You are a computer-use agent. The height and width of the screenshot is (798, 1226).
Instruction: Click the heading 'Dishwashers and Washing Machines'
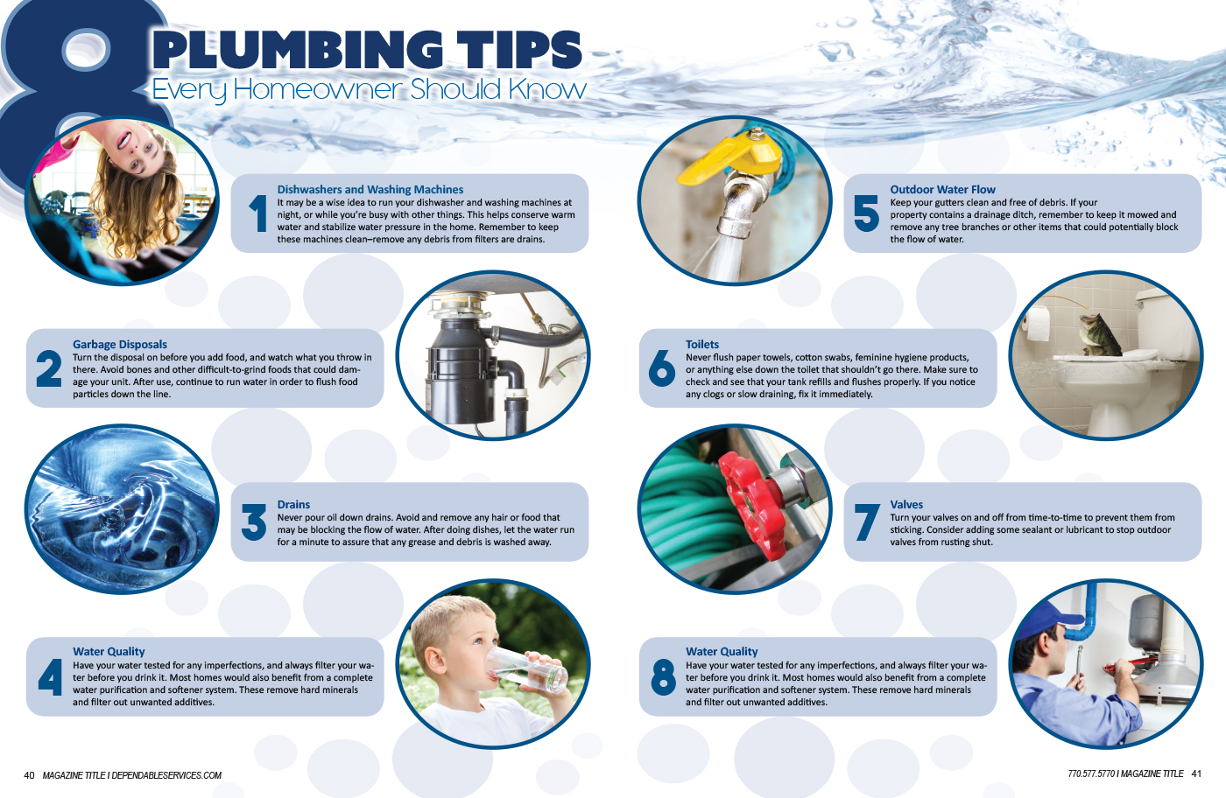(x=370, y=189)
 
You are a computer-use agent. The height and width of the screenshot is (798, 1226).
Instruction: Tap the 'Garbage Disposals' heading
(x=120, y=344)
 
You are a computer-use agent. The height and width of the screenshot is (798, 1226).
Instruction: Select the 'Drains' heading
(x=293, y=504)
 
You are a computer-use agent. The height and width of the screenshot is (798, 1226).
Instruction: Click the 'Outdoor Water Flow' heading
(x=942, y=189)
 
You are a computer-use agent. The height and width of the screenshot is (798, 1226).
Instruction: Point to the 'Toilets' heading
(x=702, y=344)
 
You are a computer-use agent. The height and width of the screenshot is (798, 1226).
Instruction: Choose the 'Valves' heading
(x=906, y=504)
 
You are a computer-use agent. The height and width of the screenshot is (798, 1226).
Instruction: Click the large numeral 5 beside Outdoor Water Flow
(x=866, y=213)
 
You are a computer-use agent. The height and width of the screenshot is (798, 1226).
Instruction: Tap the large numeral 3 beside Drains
(x=254, y=522)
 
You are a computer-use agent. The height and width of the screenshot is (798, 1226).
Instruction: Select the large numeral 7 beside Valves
(x=867, y=522)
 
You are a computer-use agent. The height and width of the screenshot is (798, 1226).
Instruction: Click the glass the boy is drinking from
(x=525, y=670)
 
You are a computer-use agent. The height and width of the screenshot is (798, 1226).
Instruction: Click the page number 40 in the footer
(x=29, y=775)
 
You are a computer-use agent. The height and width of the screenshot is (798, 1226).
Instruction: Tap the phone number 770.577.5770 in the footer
(x=1091, y=773)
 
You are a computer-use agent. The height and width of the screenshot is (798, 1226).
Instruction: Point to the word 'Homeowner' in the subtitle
(x=319, y=89)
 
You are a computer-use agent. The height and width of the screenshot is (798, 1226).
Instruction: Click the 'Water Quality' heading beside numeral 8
(x=722, y=651)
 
